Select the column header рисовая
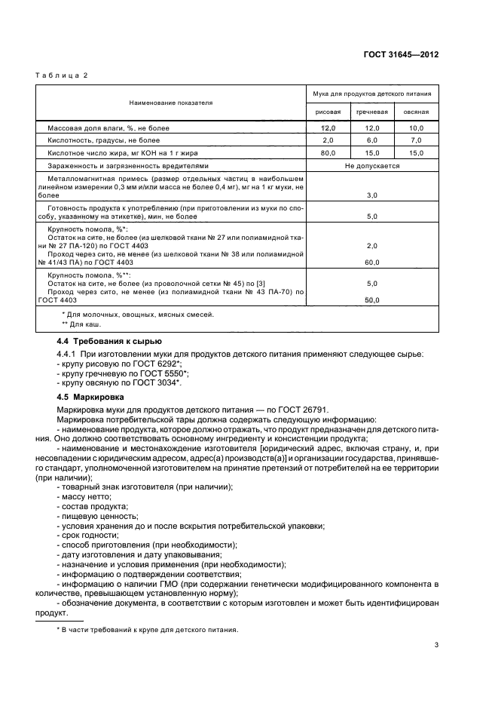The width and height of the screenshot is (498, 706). (328, 112)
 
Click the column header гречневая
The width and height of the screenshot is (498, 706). (372, 112)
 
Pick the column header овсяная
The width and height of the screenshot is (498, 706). (416, 112)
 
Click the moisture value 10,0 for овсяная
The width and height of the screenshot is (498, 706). (416, 129)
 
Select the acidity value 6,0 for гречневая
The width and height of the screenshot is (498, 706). (372, 140)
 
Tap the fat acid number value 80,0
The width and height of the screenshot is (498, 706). (328, 152)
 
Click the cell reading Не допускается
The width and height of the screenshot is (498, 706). (372, 165)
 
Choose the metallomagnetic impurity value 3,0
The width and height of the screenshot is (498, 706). (372, 195)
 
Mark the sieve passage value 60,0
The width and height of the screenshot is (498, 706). (372, 262)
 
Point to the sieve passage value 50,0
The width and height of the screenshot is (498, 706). (372, 299)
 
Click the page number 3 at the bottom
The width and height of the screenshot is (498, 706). (437, 645)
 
